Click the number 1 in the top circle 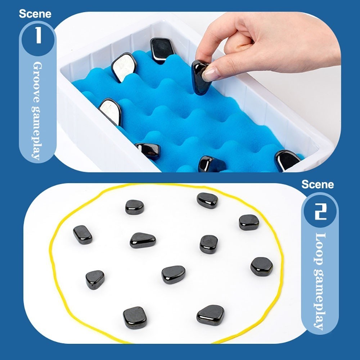[38, 35]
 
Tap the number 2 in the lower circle [320, 211]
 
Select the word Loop [320, 249]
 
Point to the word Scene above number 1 [35, 14]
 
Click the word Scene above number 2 [318, 184]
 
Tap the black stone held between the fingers [200, 77]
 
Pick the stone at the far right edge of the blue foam [287, 160]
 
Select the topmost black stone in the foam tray [161, 50]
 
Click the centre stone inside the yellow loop [173, 275]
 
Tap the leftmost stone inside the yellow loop [83, 235]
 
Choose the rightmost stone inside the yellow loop [261, 266]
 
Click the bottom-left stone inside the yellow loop [135, 318]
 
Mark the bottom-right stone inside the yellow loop [210, 315]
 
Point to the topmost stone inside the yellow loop [207, 201]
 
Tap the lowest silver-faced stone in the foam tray [110, 112]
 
